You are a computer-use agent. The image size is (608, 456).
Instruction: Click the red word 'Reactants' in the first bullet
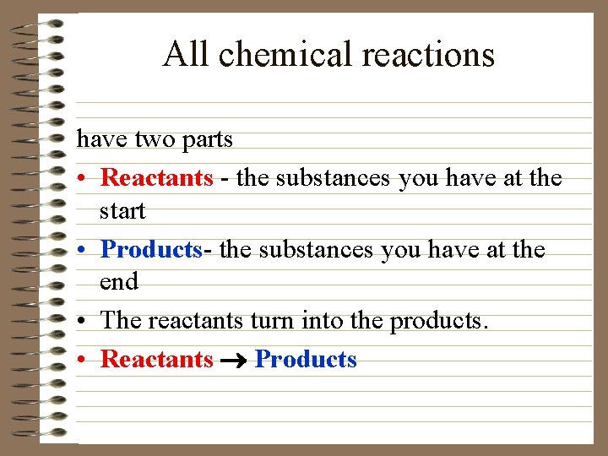pos(157,178)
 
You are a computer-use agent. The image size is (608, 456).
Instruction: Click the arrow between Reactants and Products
pos(234,361)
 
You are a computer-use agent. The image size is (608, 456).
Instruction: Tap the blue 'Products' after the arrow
pos(306,360)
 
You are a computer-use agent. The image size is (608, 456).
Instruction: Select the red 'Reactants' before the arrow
pos(157,360)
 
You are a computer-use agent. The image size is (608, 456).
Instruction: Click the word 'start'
pos(122,211)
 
